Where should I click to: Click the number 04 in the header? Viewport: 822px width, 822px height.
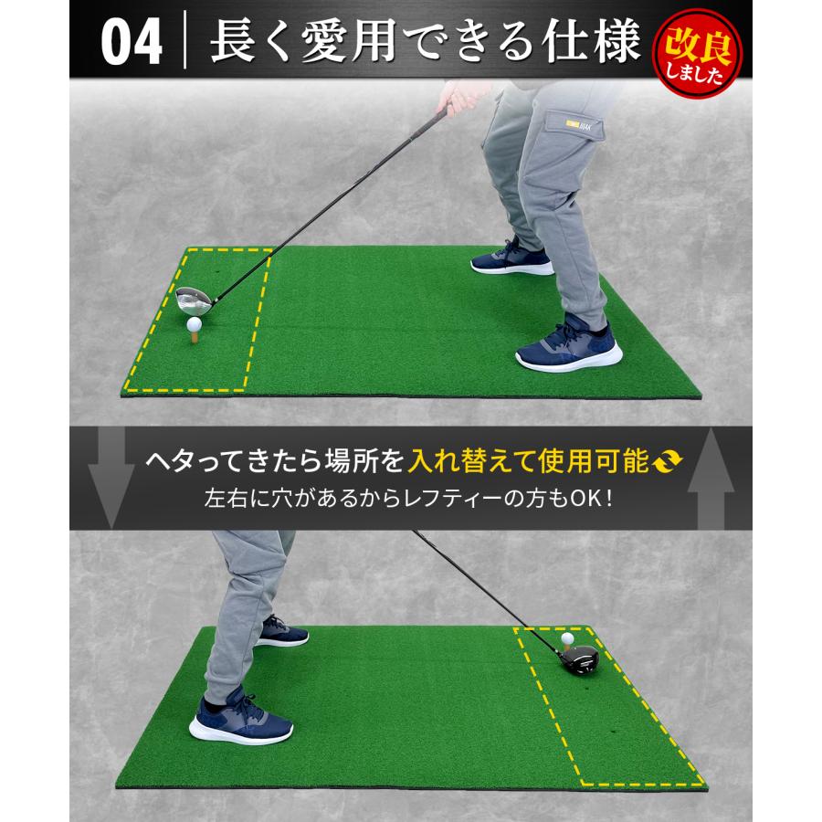(x=131, y=43)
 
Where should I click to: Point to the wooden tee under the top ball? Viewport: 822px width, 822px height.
(x=194, y=336)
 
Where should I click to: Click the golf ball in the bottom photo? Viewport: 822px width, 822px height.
(x=567, y=638)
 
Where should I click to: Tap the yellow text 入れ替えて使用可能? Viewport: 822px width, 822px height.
(x=529, y=461)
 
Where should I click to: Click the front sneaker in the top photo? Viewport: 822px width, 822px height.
(x=568, y=342)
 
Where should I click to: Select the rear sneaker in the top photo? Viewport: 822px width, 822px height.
(x=511, y=260)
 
